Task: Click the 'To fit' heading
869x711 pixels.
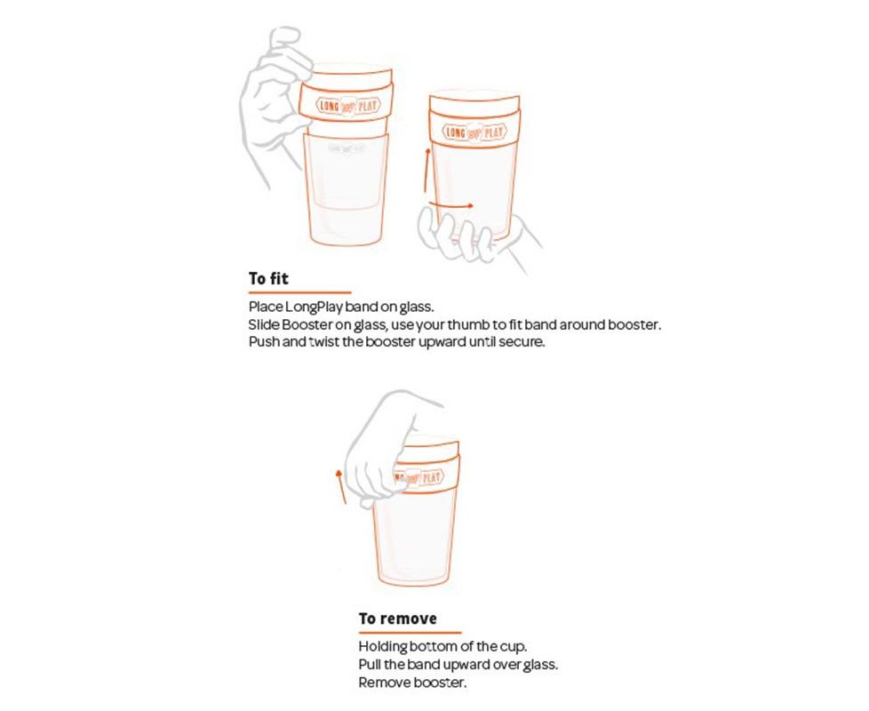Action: coord(268,278)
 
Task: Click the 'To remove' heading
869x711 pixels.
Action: coord(397,619)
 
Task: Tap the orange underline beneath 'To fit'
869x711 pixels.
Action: coord(299,292)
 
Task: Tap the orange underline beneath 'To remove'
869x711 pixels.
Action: coord(410,632)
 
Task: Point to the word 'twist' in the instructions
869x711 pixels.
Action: coord(324,342)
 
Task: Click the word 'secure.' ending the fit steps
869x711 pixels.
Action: coord(522,342)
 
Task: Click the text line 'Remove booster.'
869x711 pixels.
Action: coord(412,683)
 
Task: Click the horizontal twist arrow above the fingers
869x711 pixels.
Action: coord(451,204)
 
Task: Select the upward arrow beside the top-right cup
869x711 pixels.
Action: coord(427,170)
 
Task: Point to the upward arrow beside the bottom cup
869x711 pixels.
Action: coord(341,486)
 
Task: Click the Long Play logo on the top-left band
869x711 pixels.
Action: coord(347,106)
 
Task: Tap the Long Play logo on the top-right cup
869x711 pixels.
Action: coord(474,132)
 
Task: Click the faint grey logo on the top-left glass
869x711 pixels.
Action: coord(347,148)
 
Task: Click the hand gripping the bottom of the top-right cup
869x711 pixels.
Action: coord(476,236)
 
